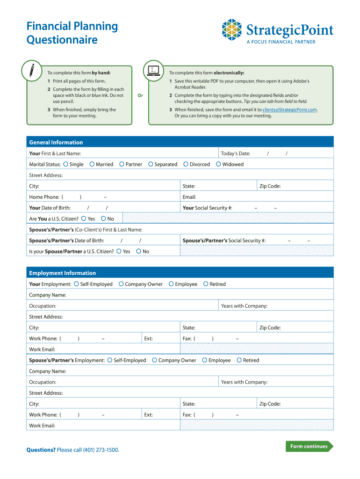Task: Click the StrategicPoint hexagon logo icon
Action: pos(232,30)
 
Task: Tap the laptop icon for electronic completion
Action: pos(153,70)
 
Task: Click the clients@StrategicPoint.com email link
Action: pos(289,109)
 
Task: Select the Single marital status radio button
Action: pos(66,164)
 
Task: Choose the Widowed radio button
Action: pos(218,164)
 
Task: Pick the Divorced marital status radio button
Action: pos(186,164)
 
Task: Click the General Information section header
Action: pos(56,142)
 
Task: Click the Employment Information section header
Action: pos(62,273)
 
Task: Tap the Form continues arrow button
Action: pos(309,446)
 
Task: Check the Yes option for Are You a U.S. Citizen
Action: pos(84,218)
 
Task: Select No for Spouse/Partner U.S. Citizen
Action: pos(138,251)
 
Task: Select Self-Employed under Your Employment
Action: pos(76,284)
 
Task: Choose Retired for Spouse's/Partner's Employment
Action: pos(239,360)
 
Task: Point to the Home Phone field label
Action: pos(44,197)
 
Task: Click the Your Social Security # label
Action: pos(207,208)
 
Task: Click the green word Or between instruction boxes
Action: pos(140,95)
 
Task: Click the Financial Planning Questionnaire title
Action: pos(72,33)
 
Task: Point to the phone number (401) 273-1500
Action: pos(101,450)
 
